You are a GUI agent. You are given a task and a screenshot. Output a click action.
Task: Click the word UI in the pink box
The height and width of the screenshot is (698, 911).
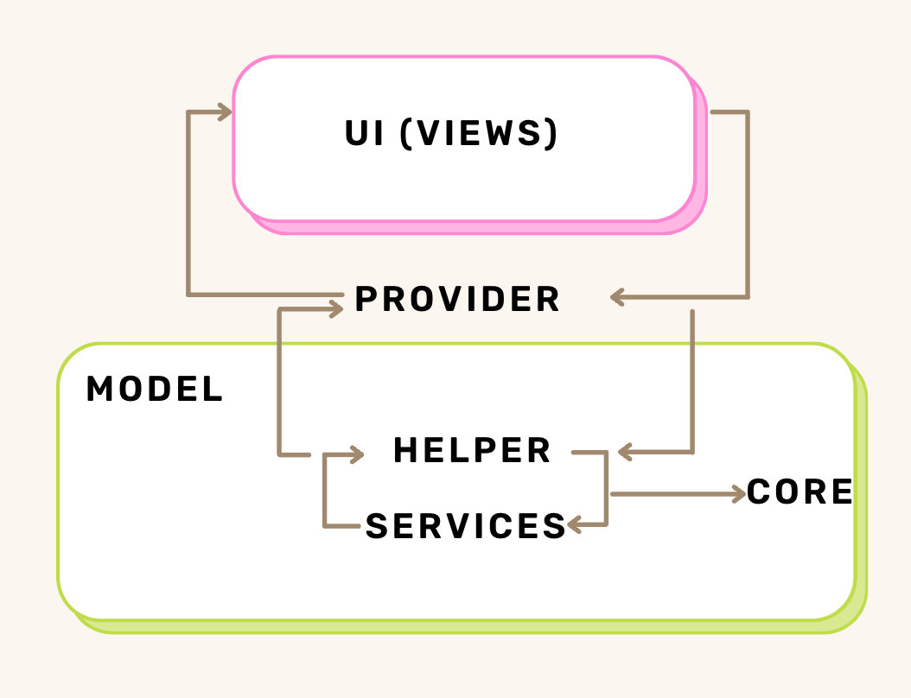(x=366, y=134)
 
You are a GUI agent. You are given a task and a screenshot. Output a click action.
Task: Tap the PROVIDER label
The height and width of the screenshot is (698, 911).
(x=457, y=300)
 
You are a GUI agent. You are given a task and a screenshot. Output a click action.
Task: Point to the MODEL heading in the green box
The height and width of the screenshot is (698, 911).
(x=155, y=390)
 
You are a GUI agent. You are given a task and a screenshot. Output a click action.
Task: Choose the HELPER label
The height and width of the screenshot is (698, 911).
(x=472, y=451)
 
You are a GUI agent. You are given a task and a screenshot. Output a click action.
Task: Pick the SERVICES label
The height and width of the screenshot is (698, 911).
(x=465, y=526)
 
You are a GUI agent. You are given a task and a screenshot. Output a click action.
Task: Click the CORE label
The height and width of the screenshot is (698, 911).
(x=800, y=492)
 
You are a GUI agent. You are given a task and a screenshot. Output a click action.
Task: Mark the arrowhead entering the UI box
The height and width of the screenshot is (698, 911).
(x=226, y=111)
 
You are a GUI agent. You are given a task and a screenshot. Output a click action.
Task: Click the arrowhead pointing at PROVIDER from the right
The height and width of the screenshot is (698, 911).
(x=617, y=297)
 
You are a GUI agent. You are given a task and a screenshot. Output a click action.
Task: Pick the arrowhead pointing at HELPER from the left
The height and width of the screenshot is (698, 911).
(x=355, y=454)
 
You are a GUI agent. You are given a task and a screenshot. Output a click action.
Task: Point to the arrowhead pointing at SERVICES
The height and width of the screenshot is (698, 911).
(x=575, y=524)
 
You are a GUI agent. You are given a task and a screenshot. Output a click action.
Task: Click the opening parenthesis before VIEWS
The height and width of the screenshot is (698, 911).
(x=407, y=134)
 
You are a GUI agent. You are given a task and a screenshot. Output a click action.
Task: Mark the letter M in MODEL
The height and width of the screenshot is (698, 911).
(x=99, y=390)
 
